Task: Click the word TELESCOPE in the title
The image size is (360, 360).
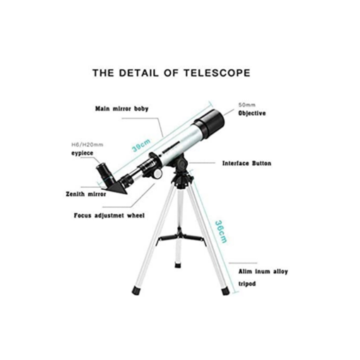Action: [217, 73]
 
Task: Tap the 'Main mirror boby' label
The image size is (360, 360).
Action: [122, 109]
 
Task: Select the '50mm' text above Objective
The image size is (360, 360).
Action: [247, 105]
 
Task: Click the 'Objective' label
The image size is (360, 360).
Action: [252, 113]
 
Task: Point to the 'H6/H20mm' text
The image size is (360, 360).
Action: [88, 145]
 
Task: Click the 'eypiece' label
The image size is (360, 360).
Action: [83, 153]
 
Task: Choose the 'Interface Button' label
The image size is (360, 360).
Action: [247, 163]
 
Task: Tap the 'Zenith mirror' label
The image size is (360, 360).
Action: [86, 194]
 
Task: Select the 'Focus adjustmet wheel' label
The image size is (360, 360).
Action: [109, 215]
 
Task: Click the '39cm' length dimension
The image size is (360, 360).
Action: [141, 145]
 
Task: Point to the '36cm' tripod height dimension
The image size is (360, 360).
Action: [221, 232]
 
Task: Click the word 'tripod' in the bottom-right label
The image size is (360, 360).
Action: [247, 284]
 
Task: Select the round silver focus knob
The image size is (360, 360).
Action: [157, 174]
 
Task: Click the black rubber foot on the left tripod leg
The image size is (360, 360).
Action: [137, 291]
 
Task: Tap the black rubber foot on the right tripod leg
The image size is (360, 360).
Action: [225, 291]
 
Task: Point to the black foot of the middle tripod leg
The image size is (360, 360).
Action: [178, 265]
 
